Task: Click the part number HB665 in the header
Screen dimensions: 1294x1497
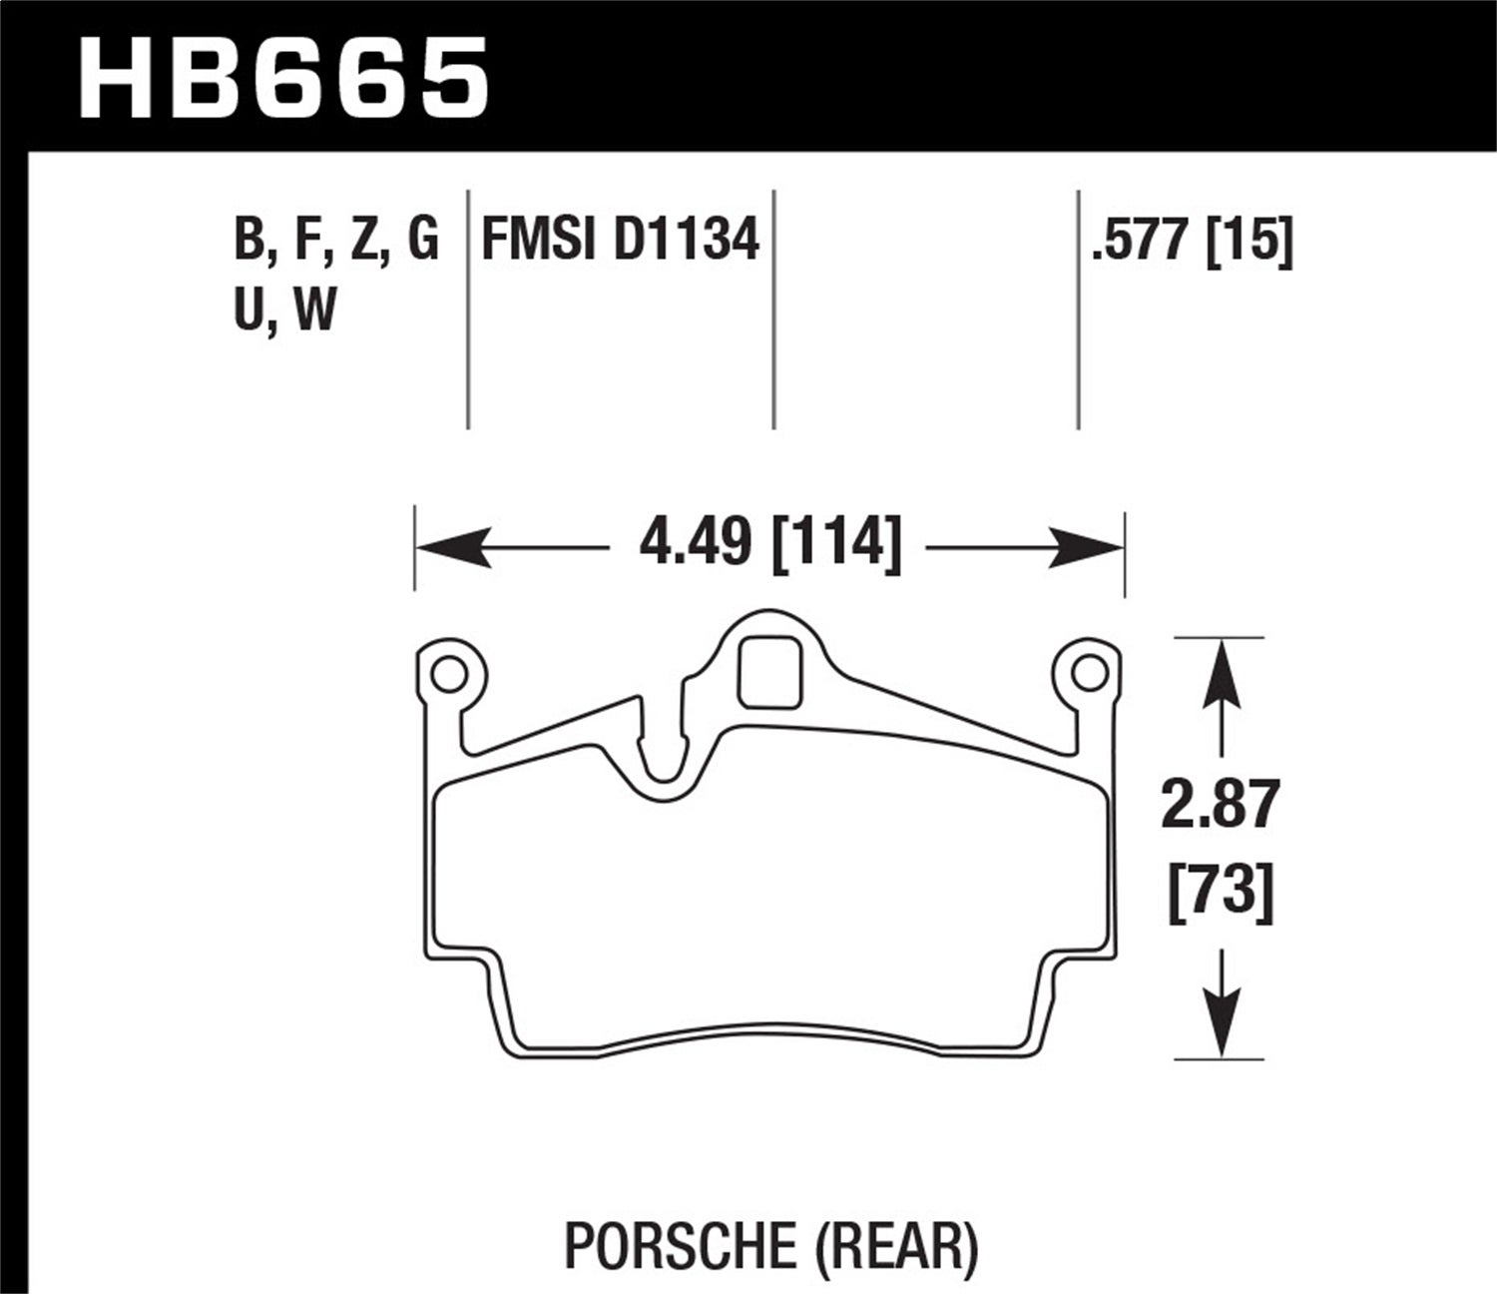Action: pyautogui.click(x=283, y=77)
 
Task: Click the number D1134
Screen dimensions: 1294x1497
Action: pyautogui.click(x=687, y=241)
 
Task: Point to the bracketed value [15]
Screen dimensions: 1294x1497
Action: pyautogui.click(x=1249, y=241)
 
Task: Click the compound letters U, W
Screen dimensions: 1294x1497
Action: pyautogui.click(x=285, y=310)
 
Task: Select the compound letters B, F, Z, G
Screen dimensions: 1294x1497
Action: pyautogui.click(x=336, y=241)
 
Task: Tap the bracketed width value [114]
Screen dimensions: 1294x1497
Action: pyautogui.click(x=838, y=546)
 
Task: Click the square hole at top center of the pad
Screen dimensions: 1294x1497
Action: pyautogui.click(x=769, y=672)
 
